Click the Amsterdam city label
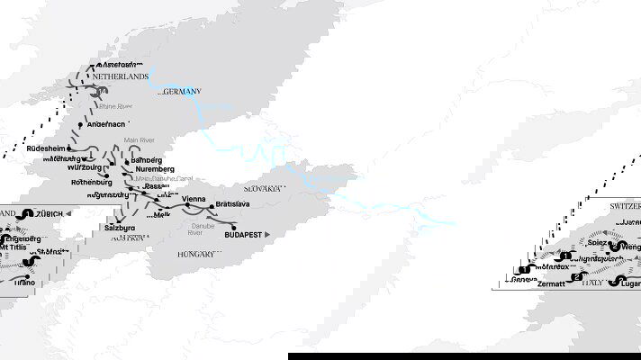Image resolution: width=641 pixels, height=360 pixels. pos(120,65)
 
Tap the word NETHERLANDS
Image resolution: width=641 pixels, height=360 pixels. pos(121,77)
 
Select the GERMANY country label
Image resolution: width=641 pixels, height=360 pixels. pos(180,92)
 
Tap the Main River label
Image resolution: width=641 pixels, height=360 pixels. pos(140,139)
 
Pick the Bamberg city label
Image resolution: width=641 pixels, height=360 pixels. pos(146,159)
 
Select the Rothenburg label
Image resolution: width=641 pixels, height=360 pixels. pos(91,182)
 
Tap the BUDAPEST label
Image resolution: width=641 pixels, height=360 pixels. pos(243,234)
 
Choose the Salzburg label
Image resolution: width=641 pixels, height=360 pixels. pos(131,229)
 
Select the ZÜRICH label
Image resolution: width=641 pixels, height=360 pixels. pos(54,213)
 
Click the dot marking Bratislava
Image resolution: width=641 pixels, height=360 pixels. pos(212,206)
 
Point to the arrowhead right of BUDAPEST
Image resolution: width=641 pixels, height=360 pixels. pos(267,234)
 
